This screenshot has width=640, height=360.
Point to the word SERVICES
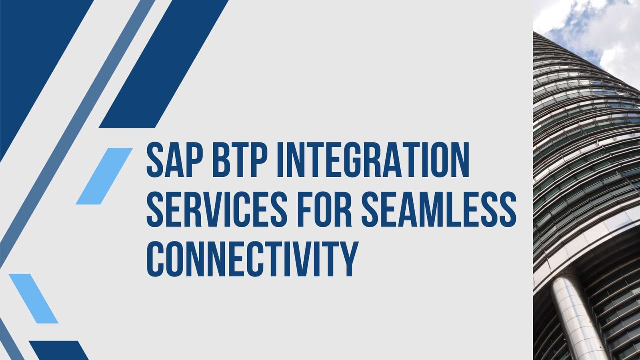(x=216, y=210)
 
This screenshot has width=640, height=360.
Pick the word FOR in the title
(x=324, y=210)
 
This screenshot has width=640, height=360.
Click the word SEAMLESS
(x=439, y=210)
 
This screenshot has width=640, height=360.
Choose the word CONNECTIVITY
(x=252, y=259)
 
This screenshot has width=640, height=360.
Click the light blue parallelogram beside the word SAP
(x=104, y=176)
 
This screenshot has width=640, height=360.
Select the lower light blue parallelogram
(x=34, y=298)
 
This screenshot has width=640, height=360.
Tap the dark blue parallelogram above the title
(x=164, y=64)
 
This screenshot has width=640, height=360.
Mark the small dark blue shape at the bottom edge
(x=58, y=350)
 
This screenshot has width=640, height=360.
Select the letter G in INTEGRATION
(x=353, y=160)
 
